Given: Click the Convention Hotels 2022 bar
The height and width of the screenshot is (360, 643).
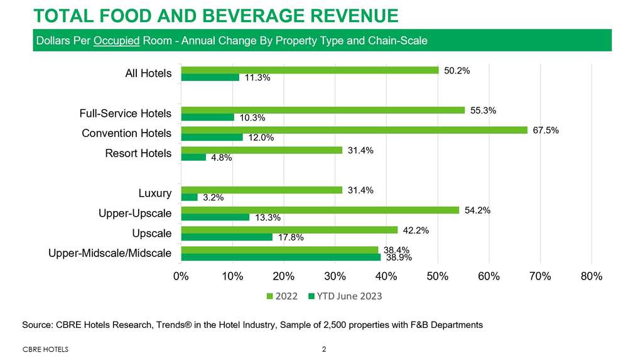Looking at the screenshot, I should click(x=354, y=130).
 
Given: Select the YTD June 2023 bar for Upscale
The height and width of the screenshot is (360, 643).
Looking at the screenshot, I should click(x=227, y=237).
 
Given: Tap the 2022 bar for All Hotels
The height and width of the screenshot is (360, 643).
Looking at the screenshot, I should click(x=310, y=70).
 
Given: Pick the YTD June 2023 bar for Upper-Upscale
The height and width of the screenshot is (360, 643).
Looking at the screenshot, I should click(x=215, y=217).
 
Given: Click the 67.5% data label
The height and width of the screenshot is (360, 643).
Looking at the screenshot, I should click(x=545, y=131).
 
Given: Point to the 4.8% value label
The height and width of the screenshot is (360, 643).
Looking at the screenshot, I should click(x=222, y=158).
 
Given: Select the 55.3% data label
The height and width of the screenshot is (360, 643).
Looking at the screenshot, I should click(x=484, y=111).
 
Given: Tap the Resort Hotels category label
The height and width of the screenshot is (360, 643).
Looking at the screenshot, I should click(x=138, y=153).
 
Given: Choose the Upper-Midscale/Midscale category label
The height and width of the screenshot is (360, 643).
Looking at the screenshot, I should click(x=110, y=253).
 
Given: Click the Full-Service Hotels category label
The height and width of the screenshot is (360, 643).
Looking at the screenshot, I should click(x=126, y=114).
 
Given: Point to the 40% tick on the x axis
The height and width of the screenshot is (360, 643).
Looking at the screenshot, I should click(x=386, y=276).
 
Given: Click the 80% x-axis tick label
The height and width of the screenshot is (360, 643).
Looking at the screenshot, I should click(x=592, y=276).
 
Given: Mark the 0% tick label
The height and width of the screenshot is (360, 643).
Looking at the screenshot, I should click(x=181, y=276).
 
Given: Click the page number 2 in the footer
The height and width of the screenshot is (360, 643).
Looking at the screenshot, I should click(x=323, y=349).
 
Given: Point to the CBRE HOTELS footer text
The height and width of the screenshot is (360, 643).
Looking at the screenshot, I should click(x=45, y=349).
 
